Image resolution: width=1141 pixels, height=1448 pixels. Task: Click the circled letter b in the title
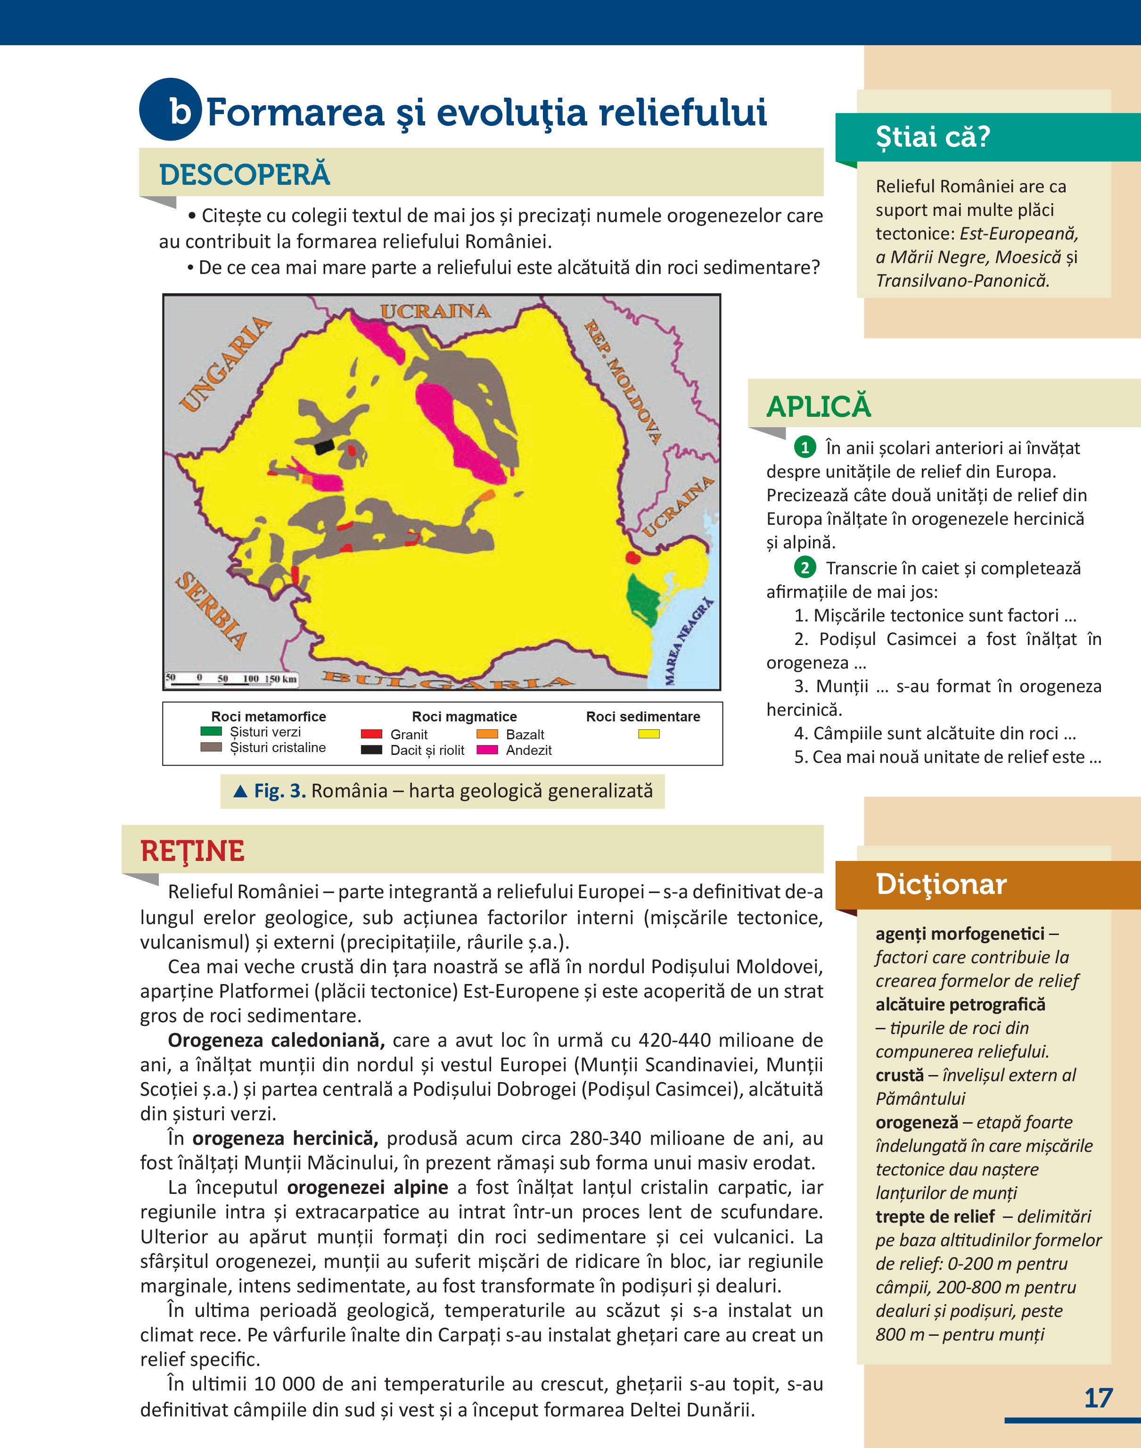click(x=171, y=110)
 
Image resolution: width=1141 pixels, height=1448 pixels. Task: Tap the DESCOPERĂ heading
click(x=245, y=174)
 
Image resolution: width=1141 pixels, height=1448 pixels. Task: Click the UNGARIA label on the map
click(x=226, y=365)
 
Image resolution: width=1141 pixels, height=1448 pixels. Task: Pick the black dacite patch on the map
click(x=324, y=447)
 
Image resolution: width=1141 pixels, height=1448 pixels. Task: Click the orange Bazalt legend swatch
click(x=487, y=734)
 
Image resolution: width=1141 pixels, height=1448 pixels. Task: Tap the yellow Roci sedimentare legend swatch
click(x=648, y=734)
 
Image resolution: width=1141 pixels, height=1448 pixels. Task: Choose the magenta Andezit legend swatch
click(x=487, y=750)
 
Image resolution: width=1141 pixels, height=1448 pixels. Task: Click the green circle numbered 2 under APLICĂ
click(x=804, y=568)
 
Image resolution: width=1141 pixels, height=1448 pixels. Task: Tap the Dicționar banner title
click(x=941, y=884)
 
